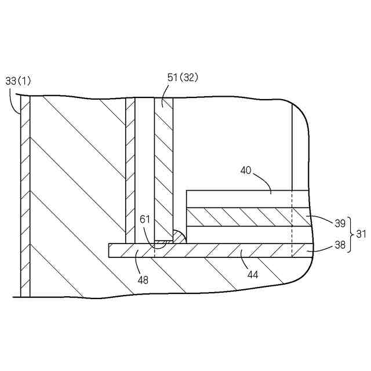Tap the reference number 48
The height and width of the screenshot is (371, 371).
click(x=143, y=279)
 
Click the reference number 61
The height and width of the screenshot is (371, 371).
click(x=146, y=219)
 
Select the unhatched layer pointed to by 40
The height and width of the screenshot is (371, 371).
click(x=243, y=199)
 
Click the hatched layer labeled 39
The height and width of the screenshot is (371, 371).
click(x=243, y=217)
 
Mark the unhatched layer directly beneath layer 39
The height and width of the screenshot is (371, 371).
click(x=243, y=234)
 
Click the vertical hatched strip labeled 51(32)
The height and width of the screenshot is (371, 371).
click(x=163, y=168)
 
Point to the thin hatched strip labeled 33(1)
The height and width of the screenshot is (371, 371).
click(x=24, y=197)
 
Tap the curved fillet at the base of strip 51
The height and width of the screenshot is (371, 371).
click(x=179, y=236)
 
